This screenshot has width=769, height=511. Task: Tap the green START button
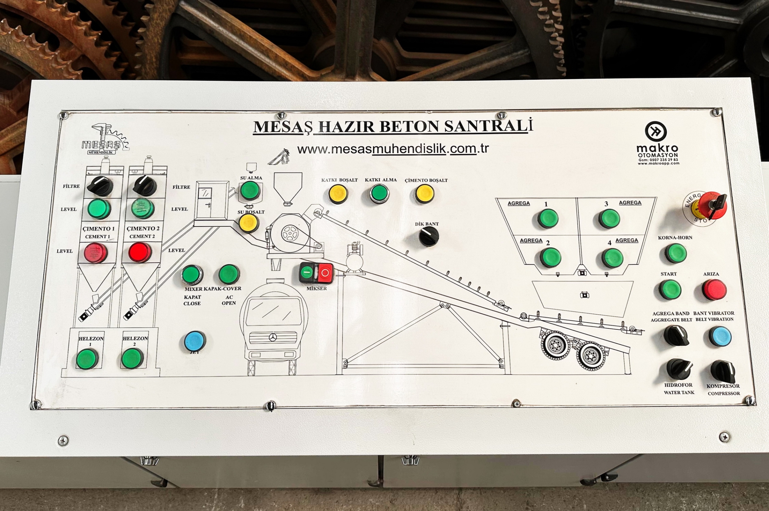click(x=670, y=290)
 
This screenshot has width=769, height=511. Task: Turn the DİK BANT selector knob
click(x=429, y=236)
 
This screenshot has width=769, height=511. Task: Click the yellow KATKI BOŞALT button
click(x=338, y=194)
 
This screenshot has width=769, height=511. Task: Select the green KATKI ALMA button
click(x=379, y=194)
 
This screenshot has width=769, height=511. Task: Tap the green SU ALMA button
click(x=250, y=191)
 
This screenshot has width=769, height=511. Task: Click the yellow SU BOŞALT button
click(x=249, y=223)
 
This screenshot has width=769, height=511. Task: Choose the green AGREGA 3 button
click(x=609, y=219)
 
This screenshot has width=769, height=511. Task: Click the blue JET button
click(x=195, y=341)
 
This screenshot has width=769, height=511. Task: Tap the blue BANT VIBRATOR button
click(x=720, y=337)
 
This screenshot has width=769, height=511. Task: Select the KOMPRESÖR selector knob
click(x=722, y=371)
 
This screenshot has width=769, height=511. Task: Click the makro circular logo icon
click(x=656, y=131)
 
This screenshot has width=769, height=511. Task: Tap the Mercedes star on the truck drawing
click(x=273, y=338)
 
